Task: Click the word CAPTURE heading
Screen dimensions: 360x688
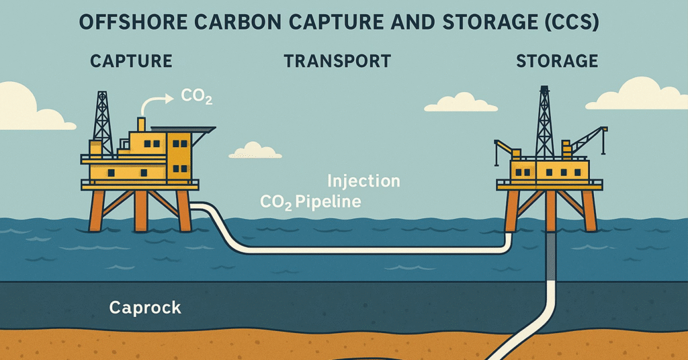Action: (131, 61)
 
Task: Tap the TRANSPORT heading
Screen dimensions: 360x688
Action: (337, 61)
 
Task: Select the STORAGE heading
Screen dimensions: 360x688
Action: (556, 61)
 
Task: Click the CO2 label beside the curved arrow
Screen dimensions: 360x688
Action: (197, 97)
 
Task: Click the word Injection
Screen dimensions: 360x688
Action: (363, 181)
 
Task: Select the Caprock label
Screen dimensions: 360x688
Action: (145, 308)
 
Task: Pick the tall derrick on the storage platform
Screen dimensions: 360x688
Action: (544, 124)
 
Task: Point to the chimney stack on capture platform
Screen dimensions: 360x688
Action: (141, 124)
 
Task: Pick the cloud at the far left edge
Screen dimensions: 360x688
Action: (27, 107)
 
